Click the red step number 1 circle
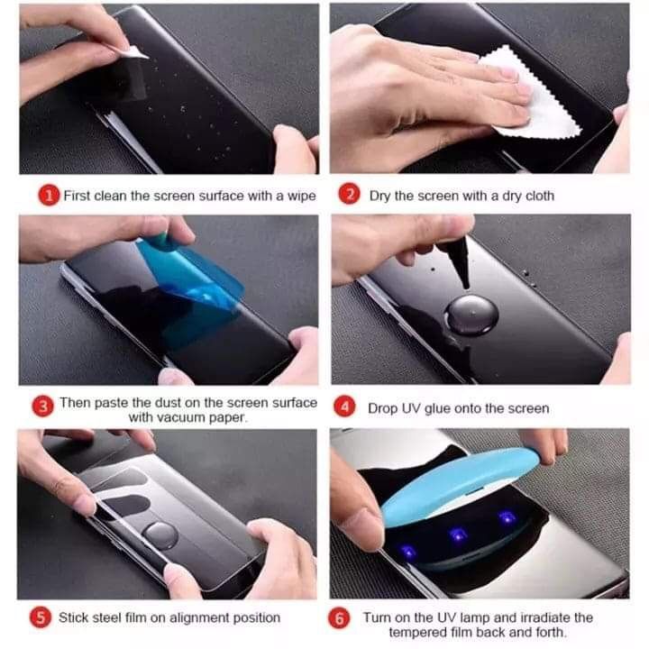47,195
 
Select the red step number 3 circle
42,407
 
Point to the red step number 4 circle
345,407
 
